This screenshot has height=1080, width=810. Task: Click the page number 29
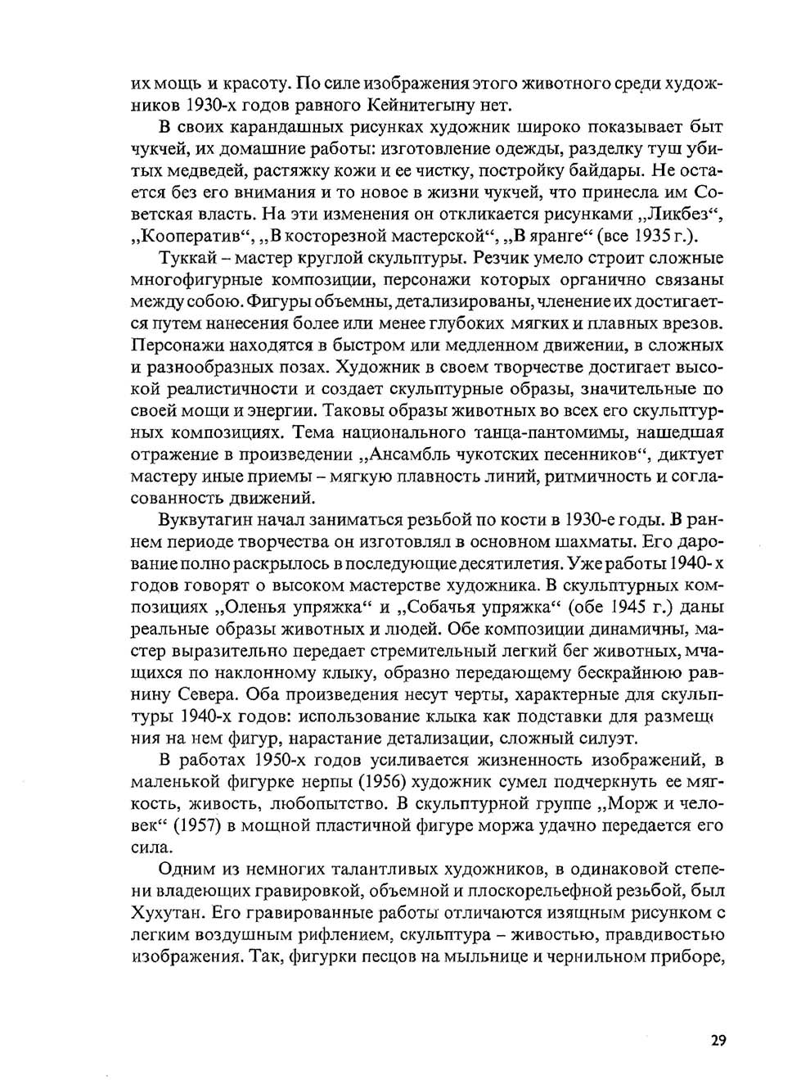717,1041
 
